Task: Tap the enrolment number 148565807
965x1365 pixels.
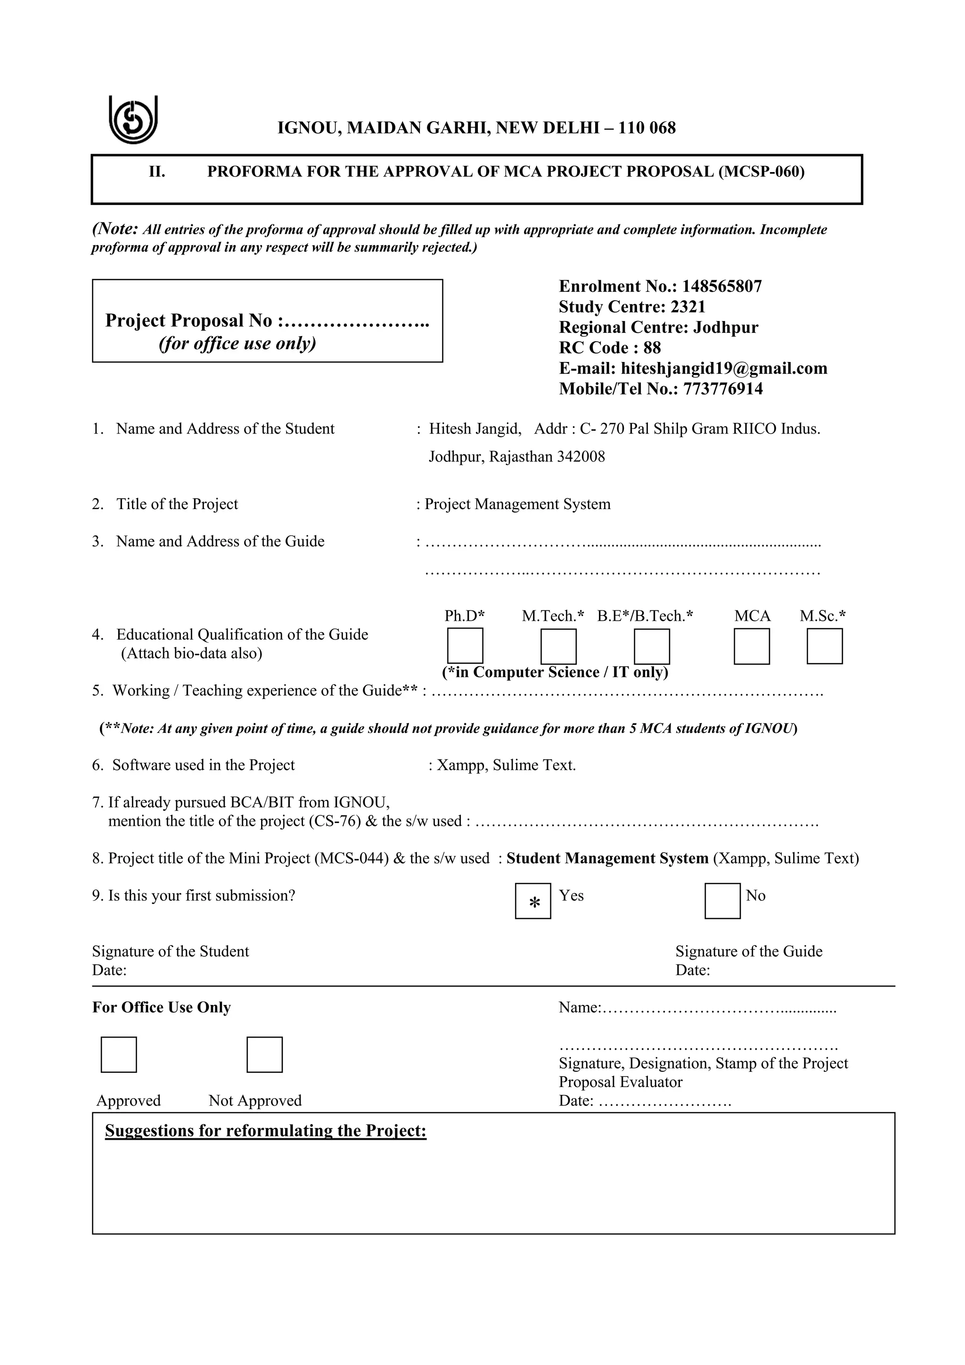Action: pos(721,287)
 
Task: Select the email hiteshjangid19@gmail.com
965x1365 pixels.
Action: pos(724,369)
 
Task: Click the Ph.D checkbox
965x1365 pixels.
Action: pos(465,646)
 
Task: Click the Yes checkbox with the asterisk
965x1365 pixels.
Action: pos(532,901)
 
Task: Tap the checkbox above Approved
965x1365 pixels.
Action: pos(118,1055)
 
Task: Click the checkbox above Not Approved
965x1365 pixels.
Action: pos(264,1055)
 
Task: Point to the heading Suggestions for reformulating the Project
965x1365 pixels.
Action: pos(266,1131)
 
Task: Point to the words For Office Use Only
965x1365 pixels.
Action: pos(162,1007)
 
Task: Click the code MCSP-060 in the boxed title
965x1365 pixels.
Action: pos(763,172)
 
